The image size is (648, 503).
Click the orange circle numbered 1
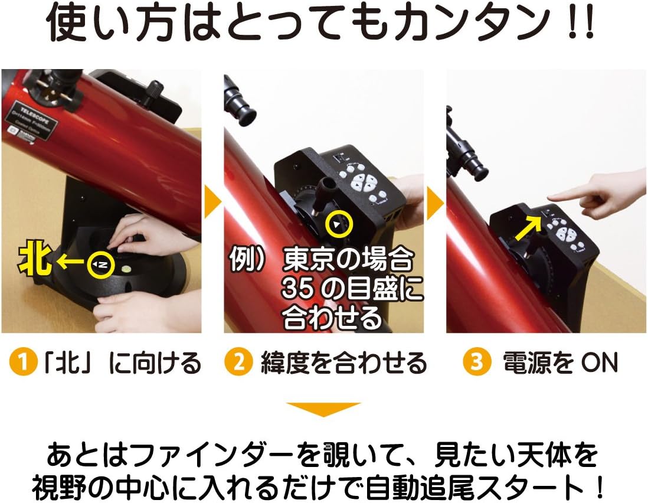(23, 362)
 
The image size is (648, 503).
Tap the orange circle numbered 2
(238, 362)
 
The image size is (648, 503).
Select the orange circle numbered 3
(476, 362)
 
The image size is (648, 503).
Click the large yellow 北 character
(35, 260)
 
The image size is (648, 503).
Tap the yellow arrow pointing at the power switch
(528, 228)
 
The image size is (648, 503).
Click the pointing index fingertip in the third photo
(551, 197)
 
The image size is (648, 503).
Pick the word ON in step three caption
(599, 362)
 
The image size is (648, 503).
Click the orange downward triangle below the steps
(323, 409)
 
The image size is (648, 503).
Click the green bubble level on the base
(125, 272)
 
